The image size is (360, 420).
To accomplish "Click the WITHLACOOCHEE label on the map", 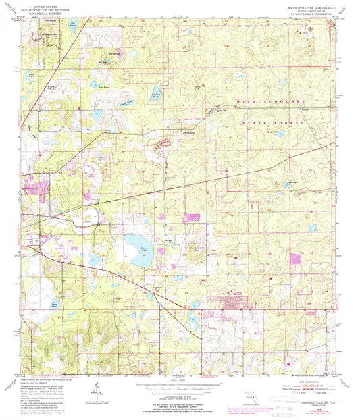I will click(x=267, y=101).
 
